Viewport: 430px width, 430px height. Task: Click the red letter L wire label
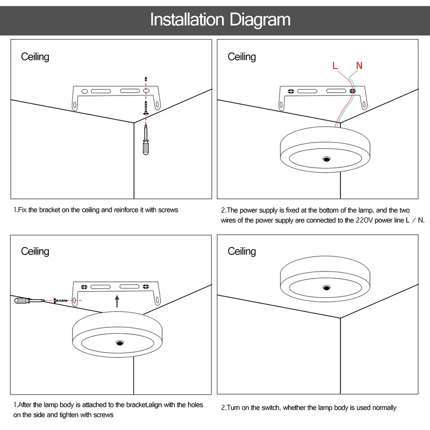coord(335,65)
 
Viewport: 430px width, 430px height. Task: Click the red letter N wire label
coord(359,65)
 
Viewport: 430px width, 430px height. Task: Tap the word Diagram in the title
coord(260,20)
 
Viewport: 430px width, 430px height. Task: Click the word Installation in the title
coord(187,19)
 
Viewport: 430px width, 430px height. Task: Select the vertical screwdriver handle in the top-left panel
coord(146,147)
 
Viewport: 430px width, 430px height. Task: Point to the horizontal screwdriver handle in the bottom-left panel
coord(22,301)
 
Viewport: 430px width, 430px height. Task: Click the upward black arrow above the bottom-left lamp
coord(117,301)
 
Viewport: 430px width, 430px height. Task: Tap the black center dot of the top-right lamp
coord(327,159)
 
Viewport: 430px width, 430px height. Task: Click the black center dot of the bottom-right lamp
coord(327,288)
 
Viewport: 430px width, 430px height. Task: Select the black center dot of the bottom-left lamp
coord(120,343)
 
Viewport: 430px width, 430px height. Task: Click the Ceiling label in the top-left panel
coord(35,57)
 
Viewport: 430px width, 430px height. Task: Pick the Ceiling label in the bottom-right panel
coord(242,251)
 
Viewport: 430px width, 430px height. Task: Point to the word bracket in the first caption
coord(49,210)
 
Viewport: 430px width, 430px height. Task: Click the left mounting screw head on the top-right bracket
coord(291,91)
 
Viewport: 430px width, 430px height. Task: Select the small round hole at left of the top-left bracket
coord(85,91)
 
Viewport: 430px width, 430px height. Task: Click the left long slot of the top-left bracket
coord(101,91)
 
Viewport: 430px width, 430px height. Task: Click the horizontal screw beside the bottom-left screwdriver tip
coord(61,301)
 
